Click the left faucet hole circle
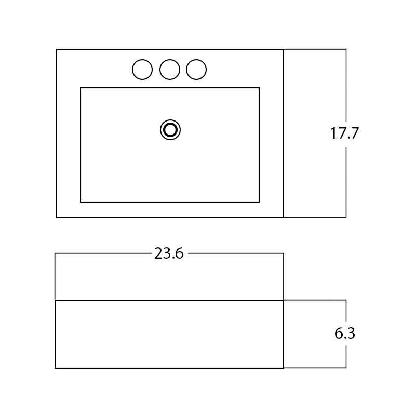coord(142,60)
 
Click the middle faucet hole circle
coord(170,60)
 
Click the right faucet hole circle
coord(196,60)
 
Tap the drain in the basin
coord(170,130)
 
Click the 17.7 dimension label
coord(345,133)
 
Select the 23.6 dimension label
coord(169,253)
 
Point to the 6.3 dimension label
coord(345,333)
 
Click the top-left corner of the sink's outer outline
coord(56,49)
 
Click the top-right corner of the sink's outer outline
coord(284,49)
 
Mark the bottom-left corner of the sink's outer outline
coord(56,217)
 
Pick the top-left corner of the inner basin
coord(80,88)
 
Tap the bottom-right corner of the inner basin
coord(259,202)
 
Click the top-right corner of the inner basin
coord(259,88)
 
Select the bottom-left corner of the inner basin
coord(80,202)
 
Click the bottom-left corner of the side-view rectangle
coord(55,368)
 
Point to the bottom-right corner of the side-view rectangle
coord(284,368)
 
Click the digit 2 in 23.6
coord(158,253)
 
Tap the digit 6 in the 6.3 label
coord(339,333)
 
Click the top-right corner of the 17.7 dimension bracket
coord(346,49)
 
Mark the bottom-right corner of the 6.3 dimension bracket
coord(346,368)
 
